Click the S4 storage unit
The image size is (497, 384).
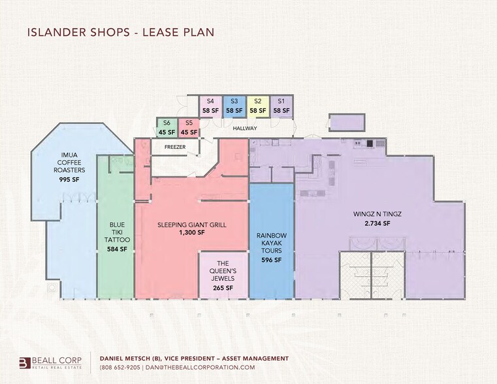210,106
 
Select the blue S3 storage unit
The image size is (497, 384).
234,106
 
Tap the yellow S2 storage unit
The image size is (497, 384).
258,106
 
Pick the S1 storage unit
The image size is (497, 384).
281,106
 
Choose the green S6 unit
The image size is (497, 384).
167,128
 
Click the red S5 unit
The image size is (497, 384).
189,128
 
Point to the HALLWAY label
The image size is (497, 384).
245,128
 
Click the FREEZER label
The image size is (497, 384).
175,147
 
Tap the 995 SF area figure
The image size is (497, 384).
69,180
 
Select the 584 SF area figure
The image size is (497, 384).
117,249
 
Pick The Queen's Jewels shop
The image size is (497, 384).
223,275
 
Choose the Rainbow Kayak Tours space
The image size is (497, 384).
271,241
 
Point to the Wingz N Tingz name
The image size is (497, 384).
377,214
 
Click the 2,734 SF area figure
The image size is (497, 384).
377,223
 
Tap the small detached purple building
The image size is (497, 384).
347,122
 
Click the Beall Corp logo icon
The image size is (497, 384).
25,363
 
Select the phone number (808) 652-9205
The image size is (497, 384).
120,368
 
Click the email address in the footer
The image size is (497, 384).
200,368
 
